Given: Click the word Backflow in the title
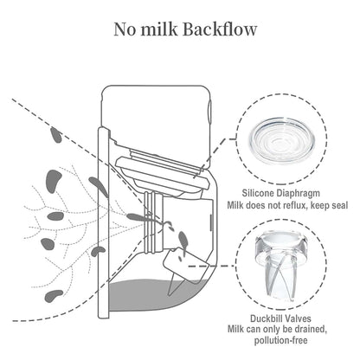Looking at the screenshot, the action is pyautogui.click(x=220, y=29).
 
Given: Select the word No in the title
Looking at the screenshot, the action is pyautogui.click(x=125, y=29).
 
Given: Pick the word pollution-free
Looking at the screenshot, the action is pyautogui.click(x=280, y=340).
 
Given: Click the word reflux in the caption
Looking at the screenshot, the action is pyautogui.click(x=289, y=205).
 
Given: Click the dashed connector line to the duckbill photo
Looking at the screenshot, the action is pyautogui.click(x=212, y=266).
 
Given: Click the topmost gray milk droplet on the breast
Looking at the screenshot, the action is pyautogui.click(x=56, y=135).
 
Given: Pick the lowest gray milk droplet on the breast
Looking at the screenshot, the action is pyautogui.click(x=54, y=296).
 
